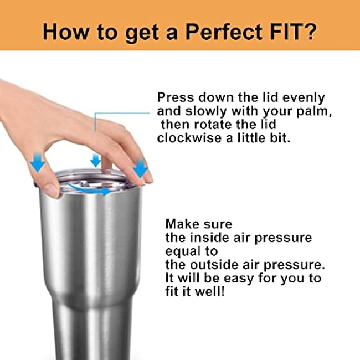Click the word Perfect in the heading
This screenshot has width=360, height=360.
click(x=224, y=32)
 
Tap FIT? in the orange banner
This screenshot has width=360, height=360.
click(x=294, y=32)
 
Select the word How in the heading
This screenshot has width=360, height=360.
click(x=65, y=32)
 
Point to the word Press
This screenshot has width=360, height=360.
click(x=176, y=97)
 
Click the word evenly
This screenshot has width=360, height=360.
click(x=304, y=98)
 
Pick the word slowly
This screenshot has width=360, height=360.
click(x=206, y=112)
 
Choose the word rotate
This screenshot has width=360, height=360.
click(x=213, y=125)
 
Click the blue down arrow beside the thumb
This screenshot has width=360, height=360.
click(x=38, y=162)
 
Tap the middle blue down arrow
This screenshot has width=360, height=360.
click(x=95, y=160)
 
